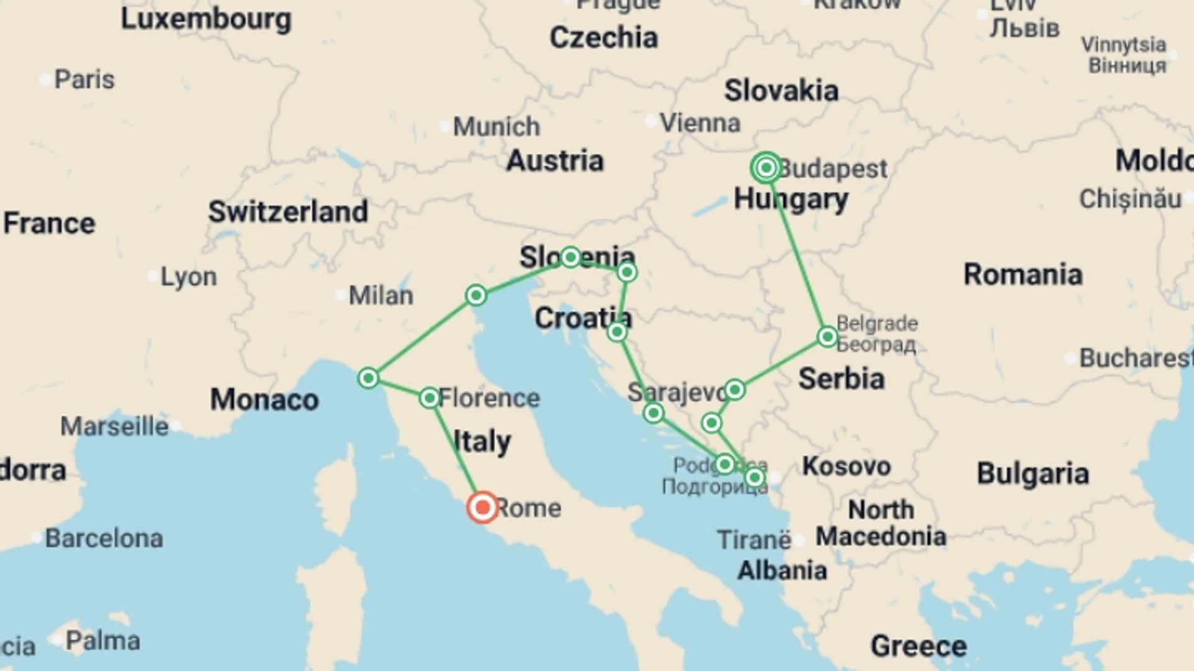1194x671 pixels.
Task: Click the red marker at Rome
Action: [x=483, y=507]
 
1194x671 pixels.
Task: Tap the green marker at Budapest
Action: [x=766, y=168]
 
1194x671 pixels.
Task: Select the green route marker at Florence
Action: [x=430, y=398]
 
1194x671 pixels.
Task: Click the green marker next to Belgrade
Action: [x=828, y=337]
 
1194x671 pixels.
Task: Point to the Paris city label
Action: [x=84, y=80]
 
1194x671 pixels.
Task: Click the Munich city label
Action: [x=496, y=127]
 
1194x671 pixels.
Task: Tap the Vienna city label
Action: [x=700, y=123]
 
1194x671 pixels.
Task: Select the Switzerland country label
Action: [x=288, y=212]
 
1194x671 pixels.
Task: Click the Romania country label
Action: [x=1023, y=275]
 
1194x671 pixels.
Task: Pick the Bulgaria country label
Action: [x=1032, y=474]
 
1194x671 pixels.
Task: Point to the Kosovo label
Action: [x=846, y=466]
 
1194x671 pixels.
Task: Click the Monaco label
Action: [x=264, y=399]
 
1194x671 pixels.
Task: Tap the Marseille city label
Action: [x=114, y=427]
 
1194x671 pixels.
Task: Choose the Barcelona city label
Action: [x=104, y=538]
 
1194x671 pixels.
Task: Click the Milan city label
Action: [x=381, y=296]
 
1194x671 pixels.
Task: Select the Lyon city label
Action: [x=188, y=277]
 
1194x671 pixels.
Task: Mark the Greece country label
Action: [x=919, y=646]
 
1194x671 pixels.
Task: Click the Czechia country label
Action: [x=603, y=38]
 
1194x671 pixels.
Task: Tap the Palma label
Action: [x=103, y=641]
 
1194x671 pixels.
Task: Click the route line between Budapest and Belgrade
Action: [x=797, y=253]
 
